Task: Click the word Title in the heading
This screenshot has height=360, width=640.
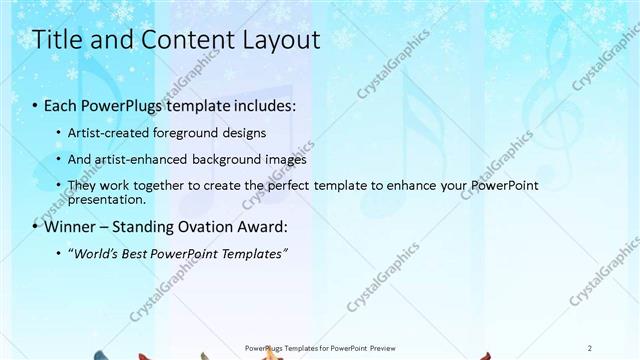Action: pyautogui.click(x=57, y=41)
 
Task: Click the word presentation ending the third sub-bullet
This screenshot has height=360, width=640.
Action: pyautogui.click(x=105, y=198)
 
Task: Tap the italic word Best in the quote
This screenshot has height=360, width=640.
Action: pyautogui.click(x=143, y=254)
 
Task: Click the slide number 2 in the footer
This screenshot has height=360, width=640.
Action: pyautogui.click(x=590, y=347)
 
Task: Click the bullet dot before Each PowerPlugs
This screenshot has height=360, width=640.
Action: pyautogui.click(x=37, y=105)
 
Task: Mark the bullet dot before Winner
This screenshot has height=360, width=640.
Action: pyautogui.click(x=37, y=226)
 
